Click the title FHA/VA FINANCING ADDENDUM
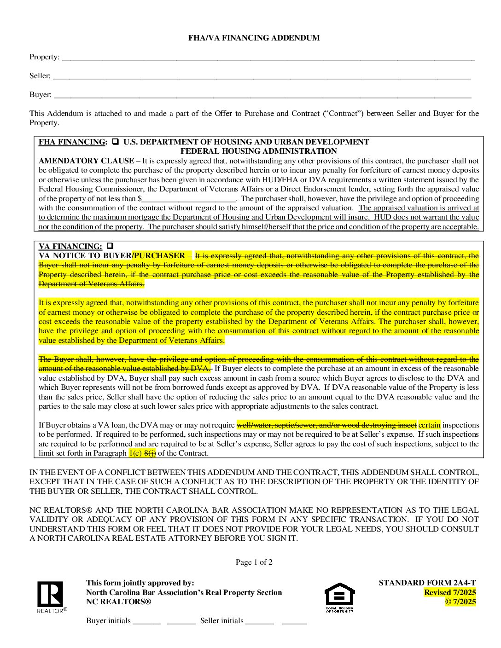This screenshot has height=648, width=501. point(254,38)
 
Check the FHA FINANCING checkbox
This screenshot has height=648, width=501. point(116,142)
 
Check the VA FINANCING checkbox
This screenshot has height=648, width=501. point(110,246)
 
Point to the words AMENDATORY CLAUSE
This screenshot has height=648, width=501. point(86,161)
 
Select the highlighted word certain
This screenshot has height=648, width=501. point(429,425)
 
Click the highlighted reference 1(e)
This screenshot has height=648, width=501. point(135,453)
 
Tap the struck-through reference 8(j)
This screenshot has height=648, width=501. point(150,453)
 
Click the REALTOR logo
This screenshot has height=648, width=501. point(51,596)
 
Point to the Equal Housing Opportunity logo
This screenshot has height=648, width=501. point(340,597)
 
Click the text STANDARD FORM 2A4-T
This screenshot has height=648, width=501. point(427,583)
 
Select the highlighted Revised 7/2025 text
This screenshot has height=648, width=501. point(449,593)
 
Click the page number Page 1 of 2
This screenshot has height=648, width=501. point(254,562)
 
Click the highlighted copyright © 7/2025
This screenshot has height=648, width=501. point(460,602)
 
